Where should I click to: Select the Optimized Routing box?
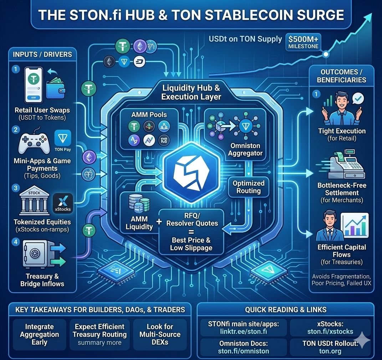248,187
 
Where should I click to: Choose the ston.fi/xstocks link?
330,332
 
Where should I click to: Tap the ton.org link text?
330,351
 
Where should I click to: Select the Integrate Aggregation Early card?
39,334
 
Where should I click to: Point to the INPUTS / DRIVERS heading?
42,55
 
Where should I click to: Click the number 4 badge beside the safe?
15,242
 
